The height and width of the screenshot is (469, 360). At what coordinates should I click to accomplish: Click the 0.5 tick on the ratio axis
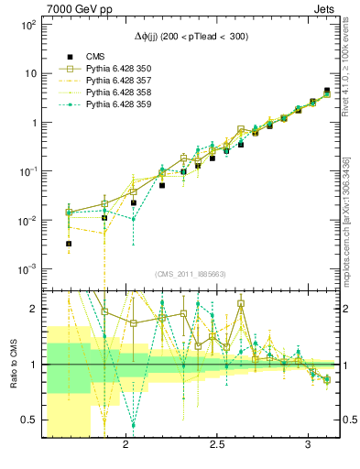[29, 420]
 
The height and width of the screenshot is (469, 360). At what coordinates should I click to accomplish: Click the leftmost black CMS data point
[69, 245]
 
